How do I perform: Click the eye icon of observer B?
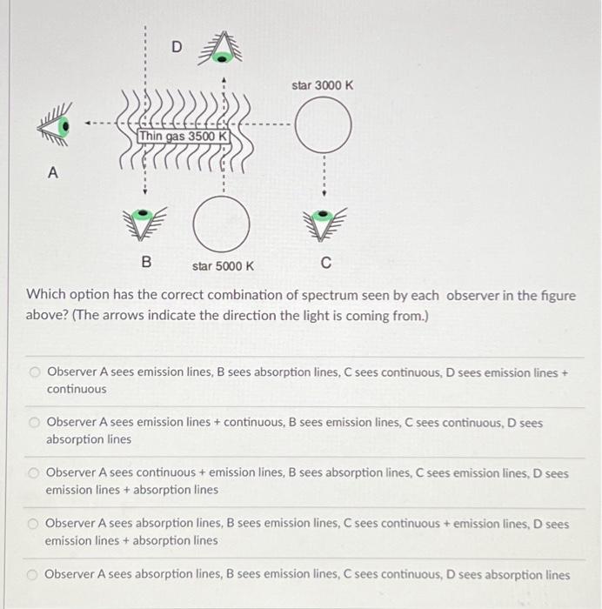coord(144,223)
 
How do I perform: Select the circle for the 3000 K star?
coord(324,127)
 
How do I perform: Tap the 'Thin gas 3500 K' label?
coord(184,137)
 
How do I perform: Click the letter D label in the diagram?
coord(177,47)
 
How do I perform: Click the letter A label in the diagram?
coord(53,173)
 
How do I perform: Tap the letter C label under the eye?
coord(325,262)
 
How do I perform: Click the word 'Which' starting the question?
coord(46,296)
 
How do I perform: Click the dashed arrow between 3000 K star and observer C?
coord(324,177)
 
